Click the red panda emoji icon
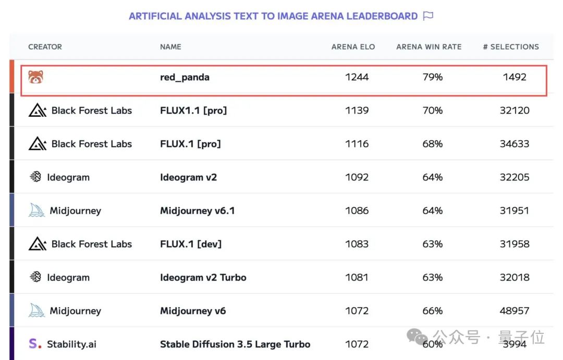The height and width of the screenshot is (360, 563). click(36, 77)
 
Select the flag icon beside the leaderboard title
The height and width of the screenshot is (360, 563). click(428, 16)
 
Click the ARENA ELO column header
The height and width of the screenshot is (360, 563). click(353, 46)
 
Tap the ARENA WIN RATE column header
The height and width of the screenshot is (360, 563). click(429, 46)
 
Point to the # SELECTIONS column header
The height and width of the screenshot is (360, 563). click(511, 46)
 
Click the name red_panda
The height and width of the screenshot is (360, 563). click(185, 77)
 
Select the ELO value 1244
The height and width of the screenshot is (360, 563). click(357, 77)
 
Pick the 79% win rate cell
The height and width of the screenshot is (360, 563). click(432, 77)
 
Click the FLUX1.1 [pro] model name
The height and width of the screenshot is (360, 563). click(193, 111)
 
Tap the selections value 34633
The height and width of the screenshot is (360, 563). click(515, 144)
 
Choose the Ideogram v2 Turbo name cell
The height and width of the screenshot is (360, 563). click(203, 278)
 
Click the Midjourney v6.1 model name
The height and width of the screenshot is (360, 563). click(197, 211)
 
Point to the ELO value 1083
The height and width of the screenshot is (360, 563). click(357, 244)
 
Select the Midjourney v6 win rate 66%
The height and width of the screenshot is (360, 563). click(432, 311)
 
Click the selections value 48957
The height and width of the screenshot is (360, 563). click(515, 311)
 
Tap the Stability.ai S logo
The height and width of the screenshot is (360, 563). click(35, 344)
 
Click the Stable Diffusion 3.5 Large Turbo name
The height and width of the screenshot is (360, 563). click(235, 344)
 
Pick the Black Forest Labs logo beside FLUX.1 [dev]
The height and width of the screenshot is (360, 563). click(37, 244)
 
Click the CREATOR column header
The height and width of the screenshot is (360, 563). click(45, 46)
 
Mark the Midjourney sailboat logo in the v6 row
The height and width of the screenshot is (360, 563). click(36, 311)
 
